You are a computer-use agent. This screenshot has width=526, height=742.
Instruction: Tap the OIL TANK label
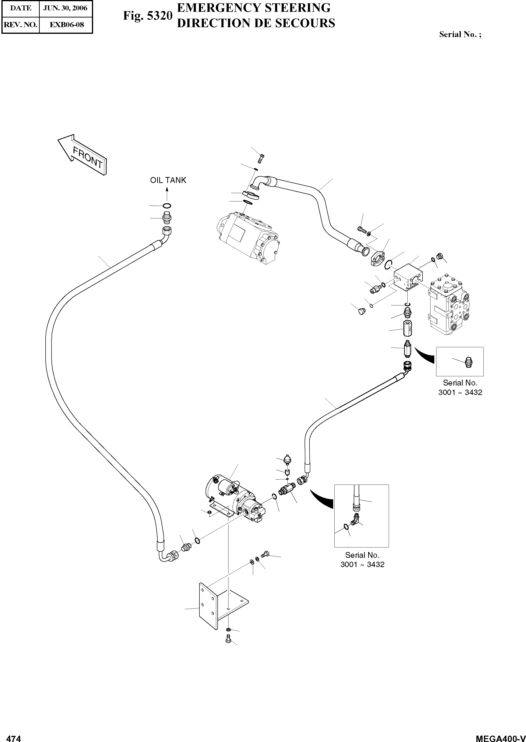tap(168, 180)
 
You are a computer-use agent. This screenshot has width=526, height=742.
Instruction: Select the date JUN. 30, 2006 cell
tap(65, 8)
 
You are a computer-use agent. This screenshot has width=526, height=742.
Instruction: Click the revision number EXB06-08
tap(66, 25)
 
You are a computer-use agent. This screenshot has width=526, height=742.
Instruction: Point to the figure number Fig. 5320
tap(147, 16)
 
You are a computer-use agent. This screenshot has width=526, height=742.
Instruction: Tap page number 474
tap(14, 737)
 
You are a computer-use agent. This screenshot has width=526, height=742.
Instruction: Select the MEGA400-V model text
tap(500, 737)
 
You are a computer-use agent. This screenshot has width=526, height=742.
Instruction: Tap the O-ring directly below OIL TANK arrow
tap(167, 206)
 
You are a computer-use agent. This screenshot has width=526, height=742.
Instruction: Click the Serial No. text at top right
tap(460, 34)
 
